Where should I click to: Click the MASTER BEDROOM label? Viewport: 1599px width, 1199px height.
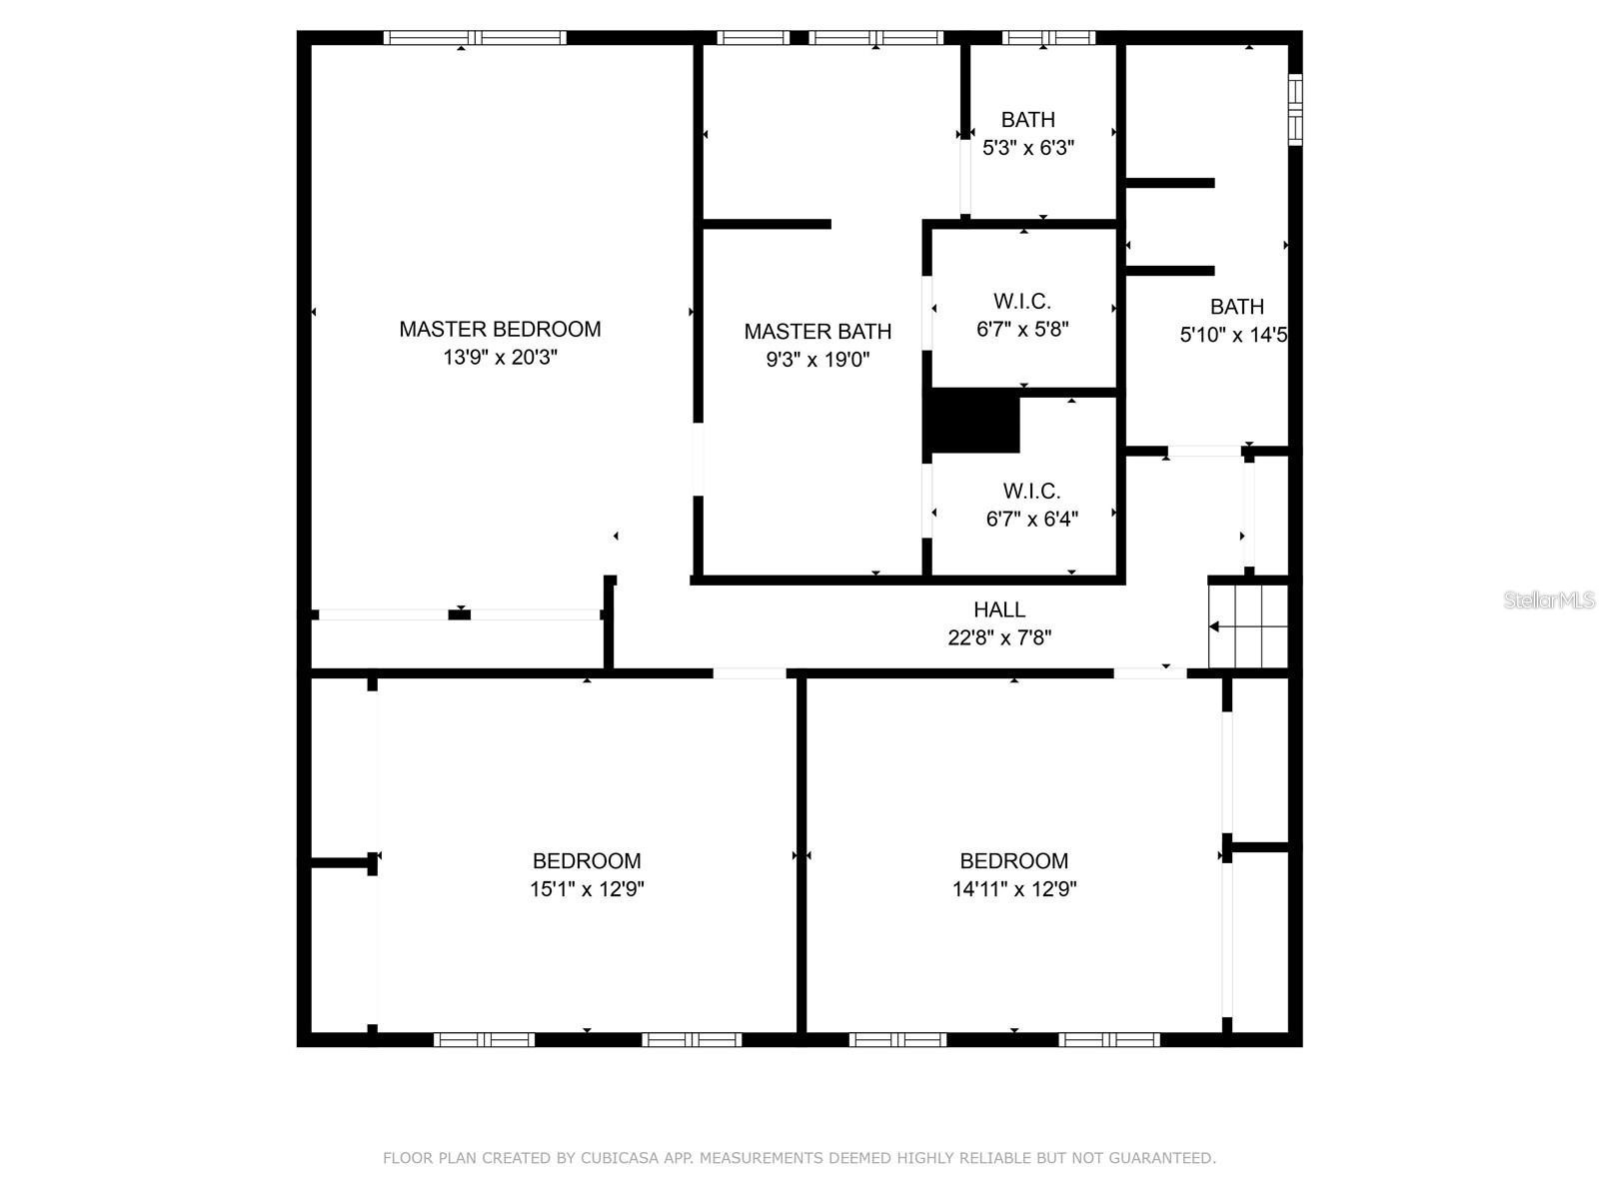(500, 329)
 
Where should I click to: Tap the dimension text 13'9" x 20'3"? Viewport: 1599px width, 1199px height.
(500, 358)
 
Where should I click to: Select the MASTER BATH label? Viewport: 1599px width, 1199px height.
(817, 331)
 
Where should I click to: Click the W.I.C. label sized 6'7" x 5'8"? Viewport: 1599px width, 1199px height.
(1021, 301)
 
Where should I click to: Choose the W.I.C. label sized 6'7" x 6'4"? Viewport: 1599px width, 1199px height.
(1031, 491)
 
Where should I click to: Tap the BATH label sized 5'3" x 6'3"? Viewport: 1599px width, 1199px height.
(1027, 120)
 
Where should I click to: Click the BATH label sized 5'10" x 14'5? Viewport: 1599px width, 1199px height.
(1236, 307)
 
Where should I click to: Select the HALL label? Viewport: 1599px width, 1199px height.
(999, 609)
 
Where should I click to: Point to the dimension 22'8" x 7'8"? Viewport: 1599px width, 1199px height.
(999, 637)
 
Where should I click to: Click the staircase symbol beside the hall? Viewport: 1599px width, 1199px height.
(1247, 626)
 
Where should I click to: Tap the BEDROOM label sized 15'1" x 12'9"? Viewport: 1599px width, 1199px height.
(587, 860)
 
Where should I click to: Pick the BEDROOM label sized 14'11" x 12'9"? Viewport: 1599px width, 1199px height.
(1013, 860)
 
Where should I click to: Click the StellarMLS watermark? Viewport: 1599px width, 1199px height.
(1549, 600)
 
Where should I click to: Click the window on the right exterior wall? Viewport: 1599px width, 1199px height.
(1295, 109)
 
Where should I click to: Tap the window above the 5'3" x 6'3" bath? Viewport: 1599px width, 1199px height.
(1048, 38)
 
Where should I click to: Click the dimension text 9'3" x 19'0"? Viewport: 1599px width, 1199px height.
(817, 360)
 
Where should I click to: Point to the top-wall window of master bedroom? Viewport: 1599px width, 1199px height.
(475, 38)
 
